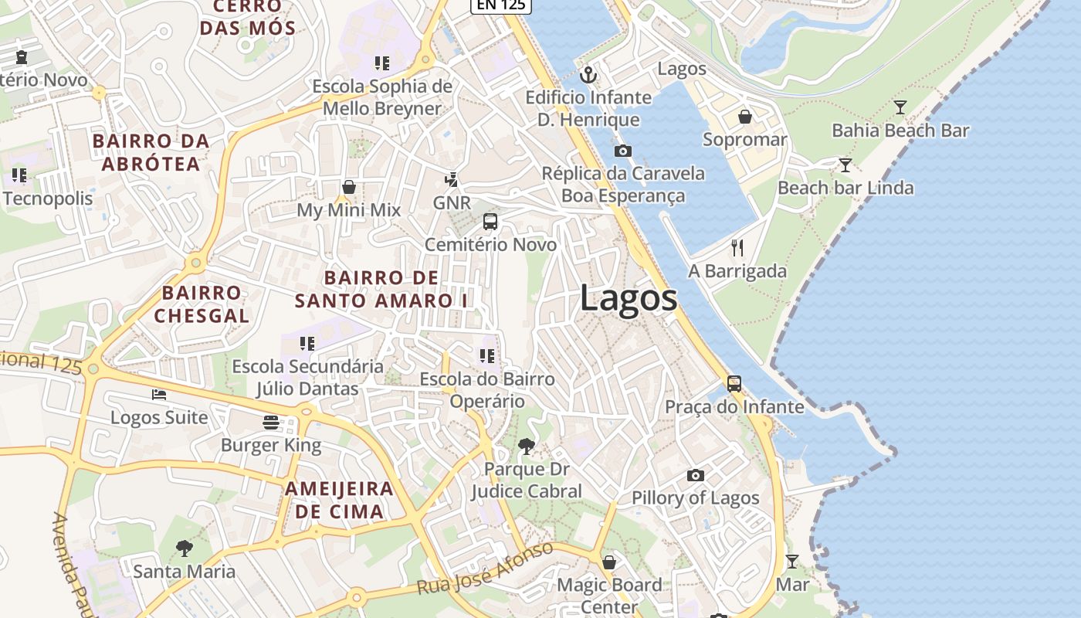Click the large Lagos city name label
(x=629, y=298)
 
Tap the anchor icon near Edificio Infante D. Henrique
(x=588, y=75)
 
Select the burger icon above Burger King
(x=270, y=423)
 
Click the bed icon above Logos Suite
(x=159, y=395)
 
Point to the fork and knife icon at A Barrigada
(x=737, y=248)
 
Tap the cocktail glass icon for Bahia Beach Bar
(x=900, y=107)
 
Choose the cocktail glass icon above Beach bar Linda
(x=845, y=165)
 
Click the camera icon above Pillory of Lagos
(x=696, y=475)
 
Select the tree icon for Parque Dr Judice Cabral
(x=527, y=446)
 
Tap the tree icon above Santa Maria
(x=184, y=548)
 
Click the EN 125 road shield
(x=501, y=5)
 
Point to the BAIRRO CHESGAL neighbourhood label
(x=202, y=304)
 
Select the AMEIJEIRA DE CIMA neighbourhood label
(x=340, y=500)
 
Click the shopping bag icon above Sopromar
(x=745, y=117)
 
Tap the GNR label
(x=452, y=202)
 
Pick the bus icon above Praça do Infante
(x=734, y=383)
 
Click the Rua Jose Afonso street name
(x=486, y=569)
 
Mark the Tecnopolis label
(x=48, y=199)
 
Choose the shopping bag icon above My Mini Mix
(x=349, y=187)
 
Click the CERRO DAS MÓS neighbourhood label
(x=247, y=18)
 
